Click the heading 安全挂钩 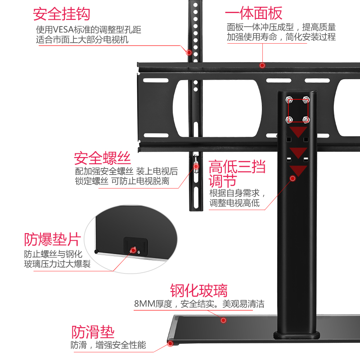click(x=62, y=13)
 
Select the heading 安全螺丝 click(x=103, y=158)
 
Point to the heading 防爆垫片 click(x=52, y=239)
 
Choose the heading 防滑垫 click(x=93, y=333)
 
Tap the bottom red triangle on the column click(x=298, y=171)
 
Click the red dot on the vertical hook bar click(x=189, y=52)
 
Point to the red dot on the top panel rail click(x=262, y=65)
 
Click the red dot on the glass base click(x=223, y=320)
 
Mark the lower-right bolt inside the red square click(x=306, y=119)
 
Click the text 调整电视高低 click(x=234, y=202)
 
